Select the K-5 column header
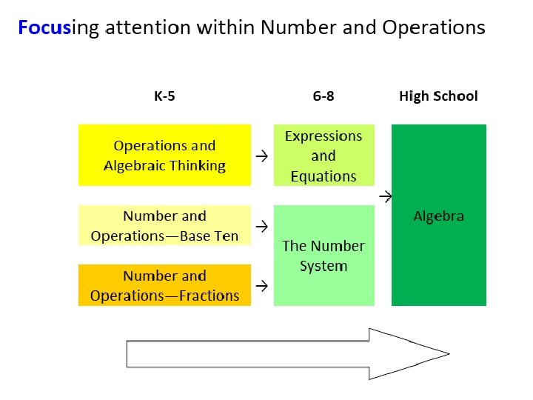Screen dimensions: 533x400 (164, 96)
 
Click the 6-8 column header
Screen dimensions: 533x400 (324, 96)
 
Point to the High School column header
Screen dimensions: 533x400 (438, 96)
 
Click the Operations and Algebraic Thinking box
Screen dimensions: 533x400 (164, 155)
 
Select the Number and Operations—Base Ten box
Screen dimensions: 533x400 (164, 226)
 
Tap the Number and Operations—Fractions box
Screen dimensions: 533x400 (164, 285)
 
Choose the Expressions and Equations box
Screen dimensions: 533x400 (324, 156)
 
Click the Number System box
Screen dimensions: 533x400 (324, 256)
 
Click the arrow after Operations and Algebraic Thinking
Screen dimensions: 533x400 (262, 156)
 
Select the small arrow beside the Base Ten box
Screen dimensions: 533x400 (262, 224)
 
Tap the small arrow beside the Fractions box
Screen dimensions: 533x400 (262, 284)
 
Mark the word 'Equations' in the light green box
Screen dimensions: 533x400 (324, 176)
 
